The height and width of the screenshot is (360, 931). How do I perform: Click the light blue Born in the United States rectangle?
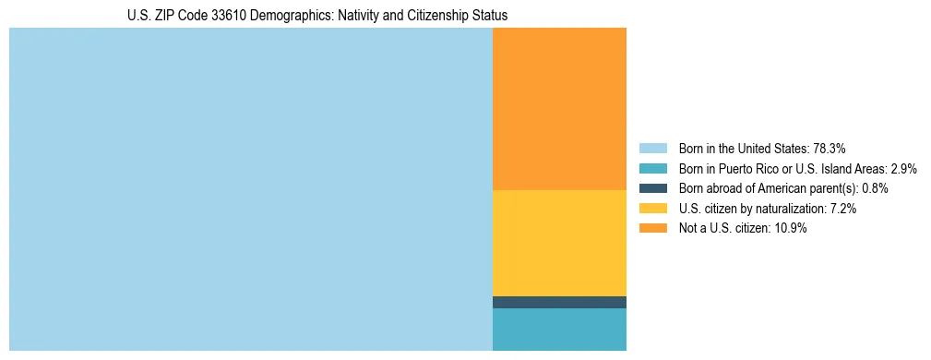pyautogui.click(x=250, y=189)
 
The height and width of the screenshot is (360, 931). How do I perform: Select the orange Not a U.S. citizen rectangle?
pyautogui.click(x=559, y=109)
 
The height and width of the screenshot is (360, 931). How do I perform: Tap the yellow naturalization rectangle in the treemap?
pyautogui.click(x=559, y=243)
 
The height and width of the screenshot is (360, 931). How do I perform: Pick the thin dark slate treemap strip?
pyautogui.click(x=559, y=302)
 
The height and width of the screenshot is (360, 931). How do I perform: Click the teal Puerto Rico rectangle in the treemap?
pyautogui.click(x=559, y=330)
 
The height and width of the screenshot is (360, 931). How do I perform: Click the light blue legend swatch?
pyautogui.click(x=652, y=148)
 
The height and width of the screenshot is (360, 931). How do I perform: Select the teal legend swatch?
pyautogui.click(x=652, y=168)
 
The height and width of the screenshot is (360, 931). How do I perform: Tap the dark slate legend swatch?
pyautogui.click(x=652, y=188)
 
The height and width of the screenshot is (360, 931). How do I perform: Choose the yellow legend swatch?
pyautogui.click(x=652, y=209)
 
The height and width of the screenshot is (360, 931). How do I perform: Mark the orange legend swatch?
pyautogui.click(x=652, y=229)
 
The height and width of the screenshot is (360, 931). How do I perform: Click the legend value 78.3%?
pyautogui.click(x=829, y=148)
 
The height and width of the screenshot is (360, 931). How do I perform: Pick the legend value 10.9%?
pyautogui.click(x=790, y=229)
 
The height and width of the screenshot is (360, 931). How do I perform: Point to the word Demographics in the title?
pyautogui.click(x=297, y=16)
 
